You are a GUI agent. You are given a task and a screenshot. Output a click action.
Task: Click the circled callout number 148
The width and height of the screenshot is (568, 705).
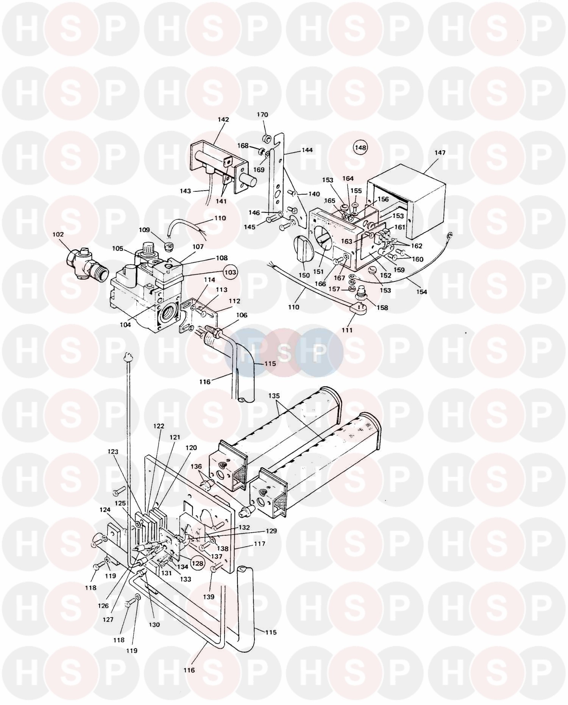click(x=360, y=148)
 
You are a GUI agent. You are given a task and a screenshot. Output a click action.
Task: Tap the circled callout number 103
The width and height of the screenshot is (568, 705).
click(x=230, y=272)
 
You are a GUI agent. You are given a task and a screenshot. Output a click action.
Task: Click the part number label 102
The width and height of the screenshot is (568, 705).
click(x=58, y=234)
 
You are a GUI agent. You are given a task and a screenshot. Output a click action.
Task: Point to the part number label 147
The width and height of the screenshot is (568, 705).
click(x=440, y=153)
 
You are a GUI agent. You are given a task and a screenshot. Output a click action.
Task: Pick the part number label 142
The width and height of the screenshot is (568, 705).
click(x=223, y=119)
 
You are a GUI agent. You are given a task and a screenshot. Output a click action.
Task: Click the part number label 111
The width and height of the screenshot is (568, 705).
click(x=347, y=330)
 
